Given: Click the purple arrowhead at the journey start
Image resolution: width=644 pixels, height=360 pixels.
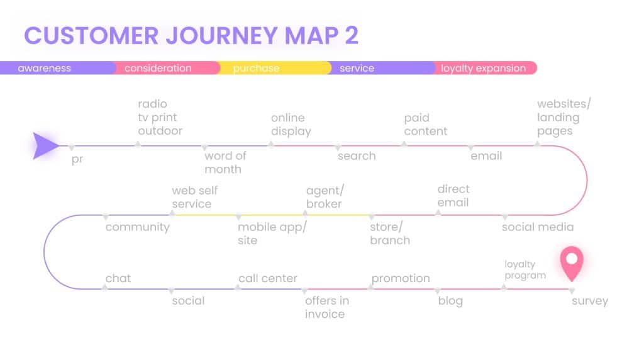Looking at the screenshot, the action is pyautogui.click(x=45, y=146).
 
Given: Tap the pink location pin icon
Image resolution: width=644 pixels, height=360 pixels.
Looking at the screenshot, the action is pyautogui.click(x=572, y=264).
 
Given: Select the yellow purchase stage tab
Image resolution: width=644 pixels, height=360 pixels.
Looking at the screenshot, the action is pyautogui.click(x=274, y=68).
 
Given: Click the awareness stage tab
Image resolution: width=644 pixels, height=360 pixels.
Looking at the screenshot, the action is pyautogui.click(x=57, y=68).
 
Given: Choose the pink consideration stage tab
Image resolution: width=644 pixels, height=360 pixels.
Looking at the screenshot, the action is pyautogui.click(x=167, y=68).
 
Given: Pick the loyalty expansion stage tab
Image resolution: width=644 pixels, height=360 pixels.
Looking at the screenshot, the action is pyautogui.click(x=485, y=68).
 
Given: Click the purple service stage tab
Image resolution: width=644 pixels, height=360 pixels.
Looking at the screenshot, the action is pyautogui.click(x=382, y=68).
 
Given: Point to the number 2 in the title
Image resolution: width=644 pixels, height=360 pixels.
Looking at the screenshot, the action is pyautogui.click(x=352, y=35).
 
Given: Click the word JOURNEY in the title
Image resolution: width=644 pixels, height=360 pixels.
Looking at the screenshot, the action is pyautogui.click(x=221, y=35).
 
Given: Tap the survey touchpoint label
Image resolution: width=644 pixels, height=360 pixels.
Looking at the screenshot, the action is pyautogui.click(x=590, y=301).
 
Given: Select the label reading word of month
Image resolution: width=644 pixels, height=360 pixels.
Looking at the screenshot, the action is pyautogui.click(x=226, y=162).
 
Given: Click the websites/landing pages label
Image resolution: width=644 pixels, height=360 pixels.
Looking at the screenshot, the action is pyautogui.click(x=564, y=118).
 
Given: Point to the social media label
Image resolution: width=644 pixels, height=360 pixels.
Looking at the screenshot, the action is pyautogui.click(x=538, y=227).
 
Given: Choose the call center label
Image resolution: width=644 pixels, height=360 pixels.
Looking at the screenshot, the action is pyautogui.click(x=268, y=278).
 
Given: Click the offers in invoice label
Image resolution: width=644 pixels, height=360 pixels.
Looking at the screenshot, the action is pyautogui.click(x=327, y=307).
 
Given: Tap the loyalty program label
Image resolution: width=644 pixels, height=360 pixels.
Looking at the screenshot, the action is pyautogui.click(x=525, y=269).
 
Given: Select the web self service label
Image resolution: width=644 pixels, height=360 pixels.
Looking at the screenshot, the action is pyautogui.click(x=195, y=197).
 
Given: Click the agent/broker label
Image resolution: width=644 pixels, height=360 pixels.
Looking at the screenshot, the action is pyautogui.click(x=325, y=197).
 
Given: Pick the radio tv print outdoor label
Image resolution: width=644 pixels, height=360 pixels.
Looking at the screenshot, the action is pyautogui.click(x=160, y=117).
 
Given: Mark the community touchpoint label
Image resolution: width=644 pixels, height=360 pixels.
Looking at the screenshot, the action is pyautogui.click(x=138, y=227).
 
